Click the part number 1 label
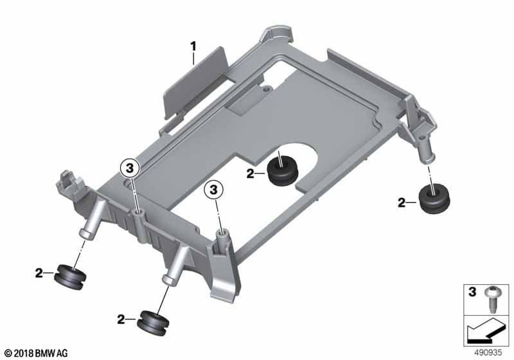(193, 46)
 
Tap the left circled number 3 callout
(130, 168)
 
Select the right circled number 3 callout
(213, 190)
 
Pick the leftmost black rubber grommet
(69, 278)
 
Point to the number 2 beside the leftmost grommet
(39, 273)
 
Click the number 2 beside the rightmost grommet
(402, 203)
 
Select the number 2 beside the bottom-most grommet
(121, 319)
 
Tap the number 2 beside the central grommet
(251, 174)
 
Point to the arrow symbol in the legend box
(486, 332)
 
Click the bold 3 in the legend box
(472, 291)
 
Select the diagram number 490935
(488, 353)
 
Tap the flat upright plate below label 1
(195, 82)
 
